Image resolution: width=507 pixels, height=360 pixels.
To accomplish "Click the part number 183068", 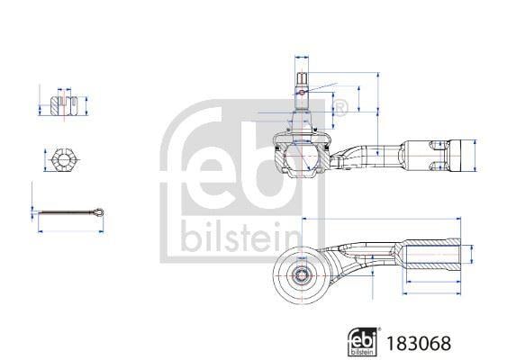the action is tap(419, 343).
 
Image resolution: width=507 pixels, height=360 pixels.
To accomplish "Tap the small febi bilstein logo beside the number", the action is tap(363, 342).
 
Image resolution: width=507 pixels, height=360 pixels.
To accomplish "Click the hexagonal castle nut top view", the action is tap(65, 160).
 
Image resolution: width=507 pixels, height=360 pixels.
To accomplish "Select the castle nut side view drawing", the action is tap(64, 105).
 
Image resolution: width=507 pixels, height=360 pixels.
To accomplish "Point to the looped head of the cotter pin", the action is tap(98, 212).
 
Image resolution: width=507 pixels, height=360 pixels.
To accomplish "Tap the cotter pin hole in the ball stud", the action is tap(302, 93).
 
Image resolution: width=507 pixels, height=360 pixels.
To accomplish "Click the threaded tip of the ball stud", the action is tap(302, 77).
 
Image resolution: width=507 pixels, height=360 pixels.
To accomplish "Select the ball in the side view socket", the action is tap(301, 156).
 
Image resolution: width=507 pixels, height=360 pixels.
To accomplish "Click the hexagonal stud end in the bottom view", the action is tap(302, 275).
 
